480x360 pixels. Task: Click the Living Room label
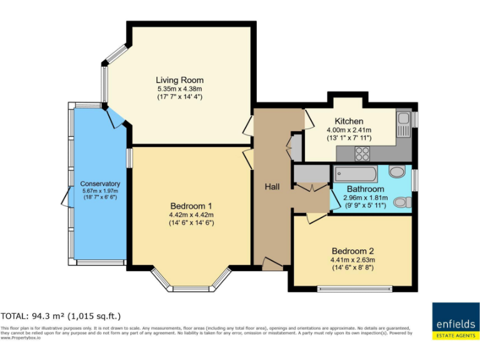coord(179,80)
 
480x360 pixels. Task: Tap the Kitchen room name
coord(349,121)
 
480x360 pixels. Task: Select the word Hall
coord(272,187)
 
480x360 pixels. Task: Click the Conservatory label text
coord(100,184)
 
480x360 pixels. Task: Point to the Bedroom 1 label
coord(192,206)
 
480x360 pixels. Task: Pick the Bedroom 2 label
coord(353,251)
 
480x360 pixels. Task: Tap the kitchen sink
coord(403,119)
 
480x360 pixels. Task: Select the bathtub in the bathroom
coord(355,172)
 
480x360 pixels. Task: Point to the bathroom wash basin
coord(396,171)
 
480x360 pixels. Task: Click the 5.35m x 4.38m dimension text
coord(179,89)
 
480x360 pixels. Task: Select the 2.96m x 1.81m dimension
coord(366,197)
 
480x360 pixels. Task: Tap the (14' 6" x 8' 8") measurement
coord(353,268)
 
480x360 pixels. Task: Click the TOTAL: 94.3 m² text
coord(61,316)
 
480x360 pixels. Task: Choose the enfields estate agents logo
coord(455,321)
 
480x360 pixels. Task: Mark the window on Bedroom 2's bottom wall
coord(354,288)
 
